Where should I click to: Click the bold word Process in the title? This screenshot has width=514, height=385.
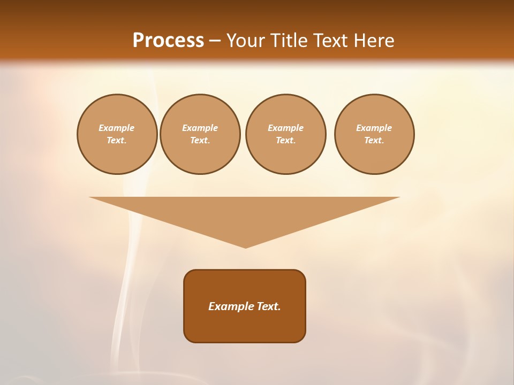point(168,40)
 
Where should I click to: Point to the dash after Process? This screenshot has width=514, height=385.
point(215,41)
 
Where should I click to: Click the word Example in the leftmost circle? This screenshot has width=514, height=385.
point(117,128)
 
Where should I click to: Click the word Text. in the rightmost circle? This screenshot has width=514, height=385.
point(374,140)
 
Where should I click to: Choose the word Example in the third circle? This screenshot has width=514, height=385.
point(285,128)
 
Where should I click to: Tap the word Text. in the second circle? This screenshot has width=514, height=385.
point(200,140)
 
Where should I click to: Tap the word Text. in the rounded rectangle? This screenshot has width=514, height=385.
point(268,306)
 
